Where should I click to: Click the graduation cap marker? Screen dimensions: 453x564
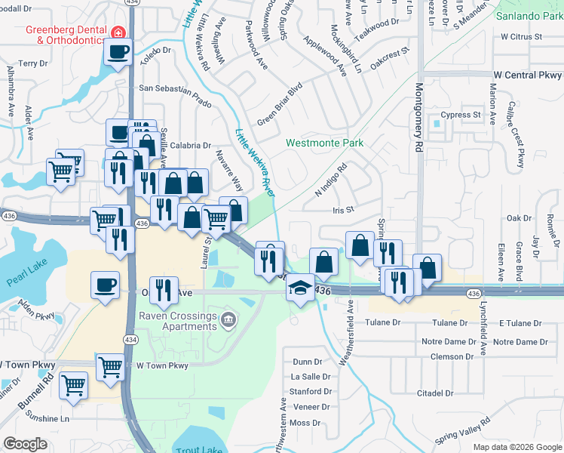pyautogui.click(x=300, y=288)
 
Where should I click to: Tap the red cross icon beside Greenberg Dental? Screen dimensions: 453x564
pyautogui.click(x=118, y=32)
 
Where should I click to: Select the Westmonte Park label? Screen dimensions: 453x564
pyautogui.click(x=324, y=143)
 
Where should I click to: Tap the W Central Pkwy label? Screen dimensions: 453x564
pyautogui.click(x=528, y=75)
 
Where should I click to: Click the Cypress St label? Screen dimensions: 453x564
pyautogui.click(x=461, y=116)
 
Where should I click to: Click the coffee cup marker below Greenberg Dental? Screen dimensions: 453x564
pyautogui.click(x=118, y=52)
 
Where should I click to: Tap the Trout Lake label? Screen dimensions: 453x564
pyautogui.click(x=198, y=449)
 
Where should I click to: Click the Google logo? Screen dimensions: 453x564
pyautogui.click(x=25, y=444)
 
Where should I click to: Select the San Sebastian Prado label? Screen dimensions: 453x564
pyautogui.click(x=175, y=88)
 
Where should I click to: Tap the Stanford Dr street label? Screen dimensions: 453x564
pyautogui.click(x=311, y=392)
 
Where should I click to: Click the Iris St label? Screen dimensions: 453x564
pyautogui.click(x=343, y=211)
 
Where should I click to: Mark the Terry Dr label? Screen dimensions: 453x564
pyautogui.click(x=33, y=63)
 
